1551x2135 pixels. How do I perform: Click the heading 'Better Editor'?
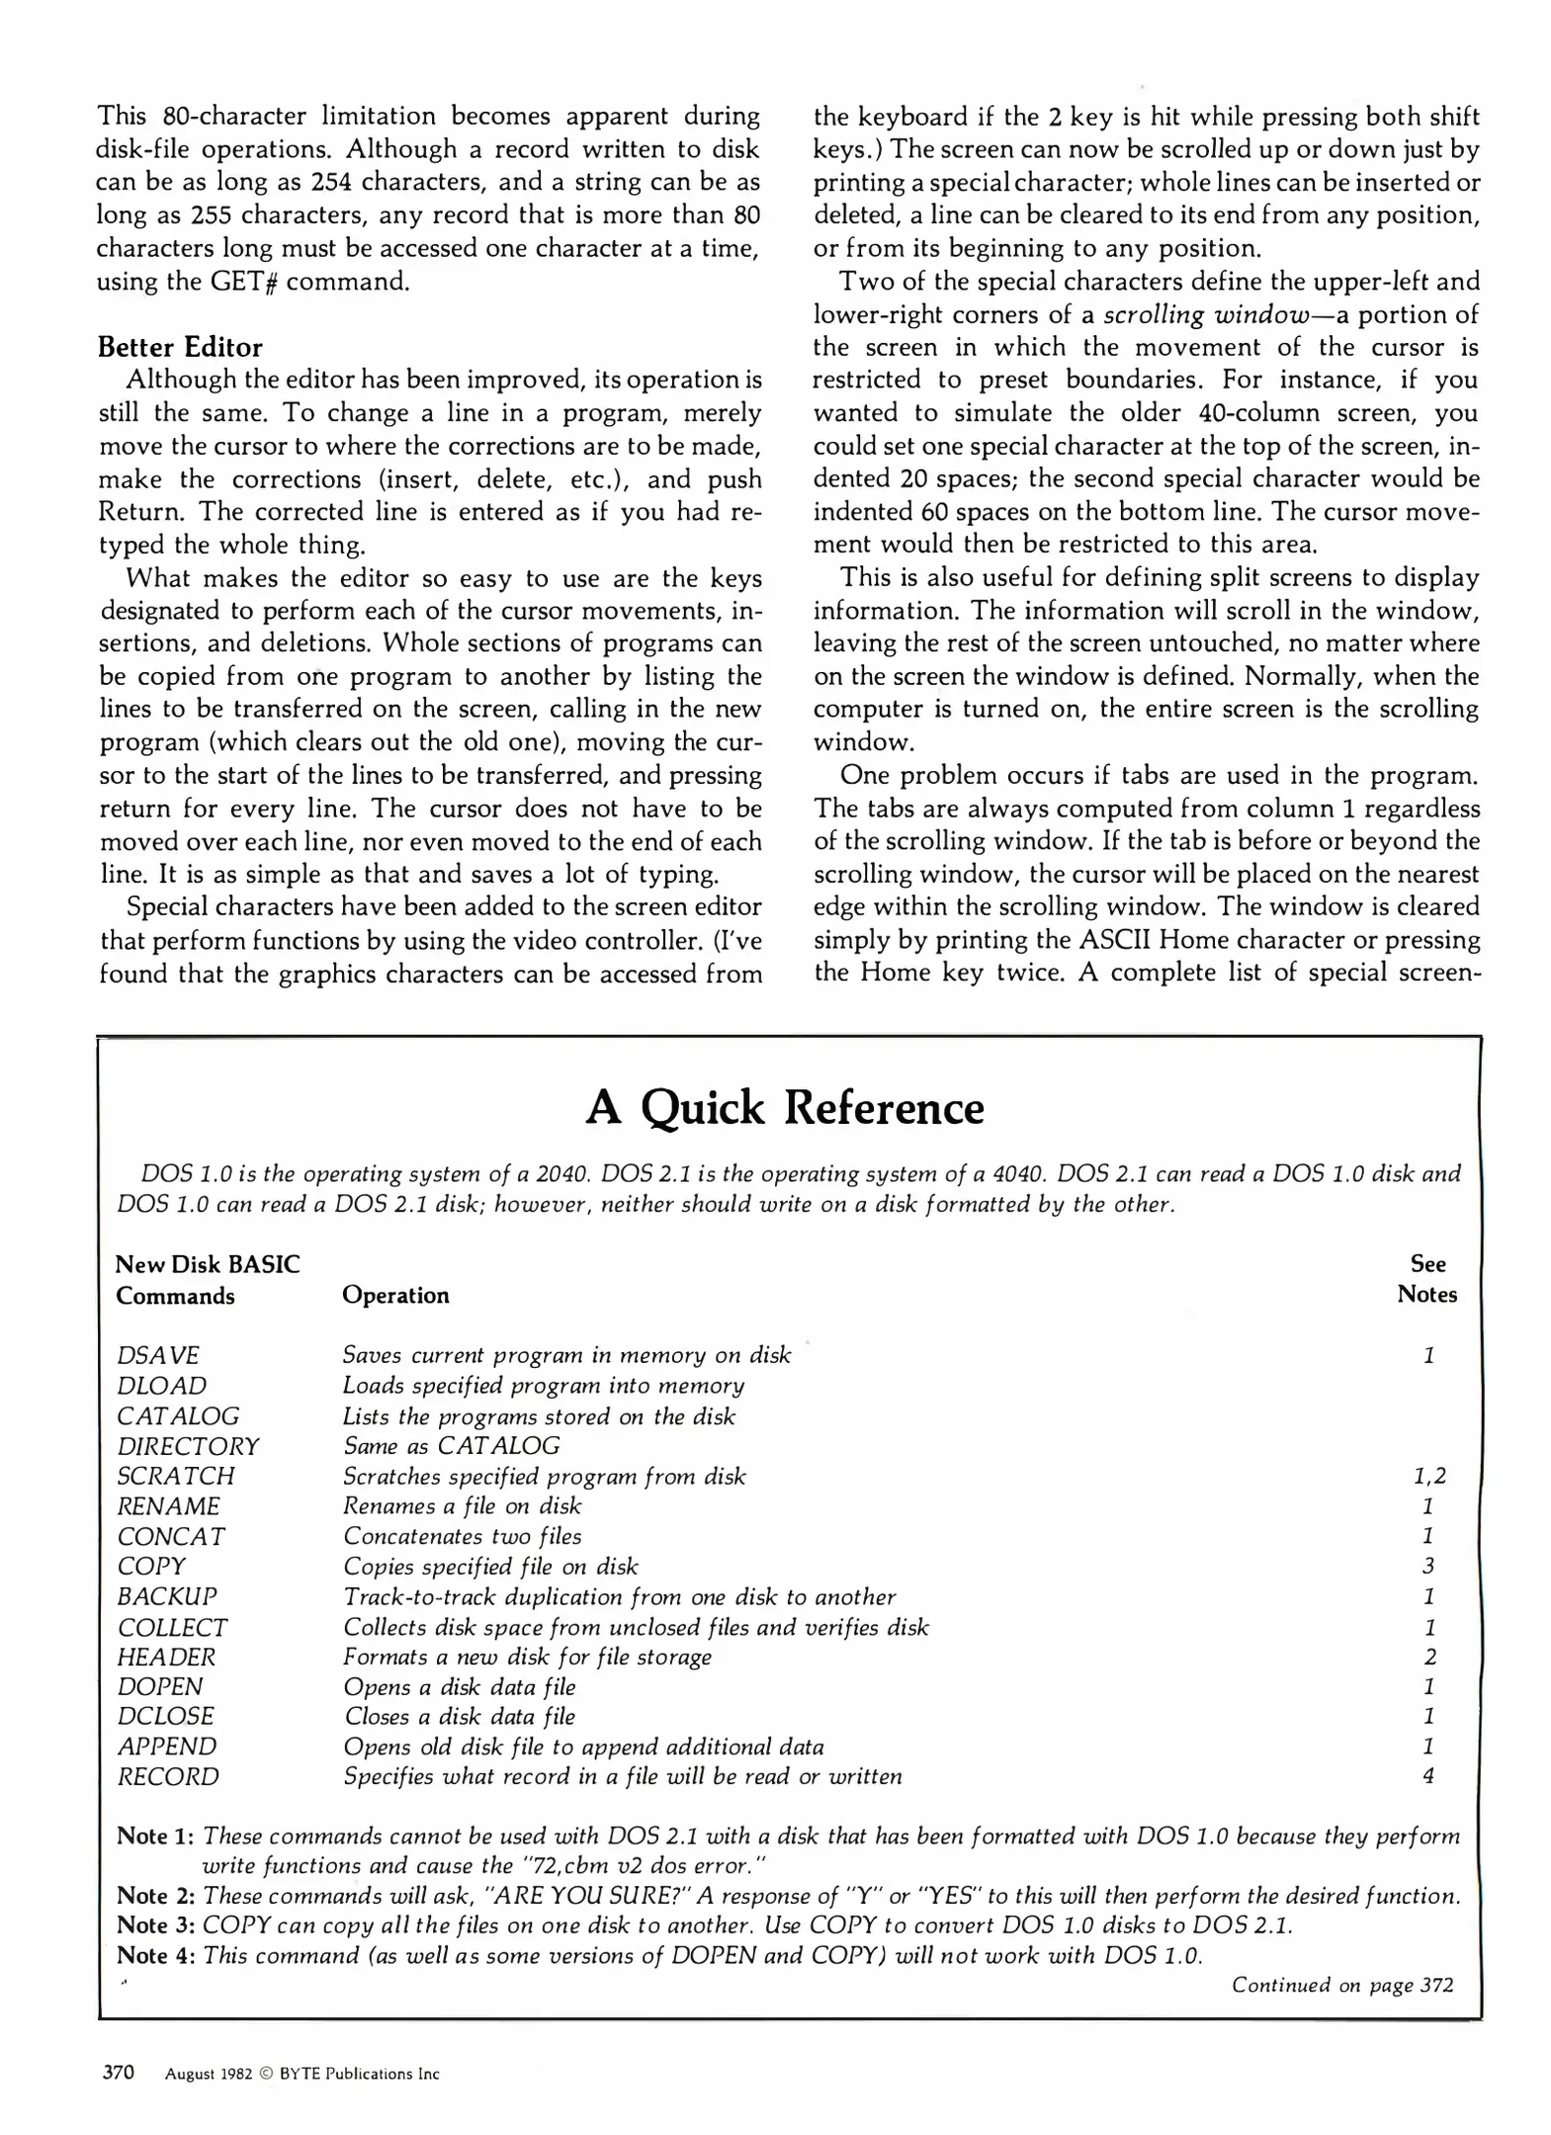(180, 347)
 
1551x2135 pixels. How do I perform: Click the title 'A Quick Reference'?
(784, 1108)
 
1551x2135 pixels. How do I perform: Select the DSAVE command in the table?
(158, 1355)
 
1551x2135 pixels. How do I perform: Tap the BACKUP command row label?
(167, 1596)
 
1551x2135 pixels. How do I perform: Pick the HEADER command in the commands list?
(166, 1657)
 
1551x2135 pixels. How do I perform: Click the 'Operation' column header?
(395, 1295)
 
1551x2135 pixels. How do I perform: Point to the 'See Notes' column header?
(1426, 1279)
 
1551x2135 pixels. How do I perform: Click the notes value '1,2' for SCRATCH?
(1428, 1476)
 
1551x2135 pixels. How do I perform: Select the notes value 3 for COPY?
(1428, 1566)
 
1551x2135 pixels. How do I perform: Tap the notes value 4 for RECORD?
(1428, 1776)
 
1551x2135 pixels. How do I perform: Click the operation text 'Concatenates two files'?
(462, 1536)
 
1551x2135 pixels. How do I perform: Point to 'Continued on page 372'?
(1341, 1985)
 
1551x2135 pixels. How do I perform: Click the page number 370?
(119, 2073)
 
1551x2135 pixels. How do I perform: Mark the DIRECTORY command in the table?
(188, 1446)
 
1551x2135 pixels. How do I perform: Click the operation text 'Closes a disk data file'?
(460, 1716)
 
